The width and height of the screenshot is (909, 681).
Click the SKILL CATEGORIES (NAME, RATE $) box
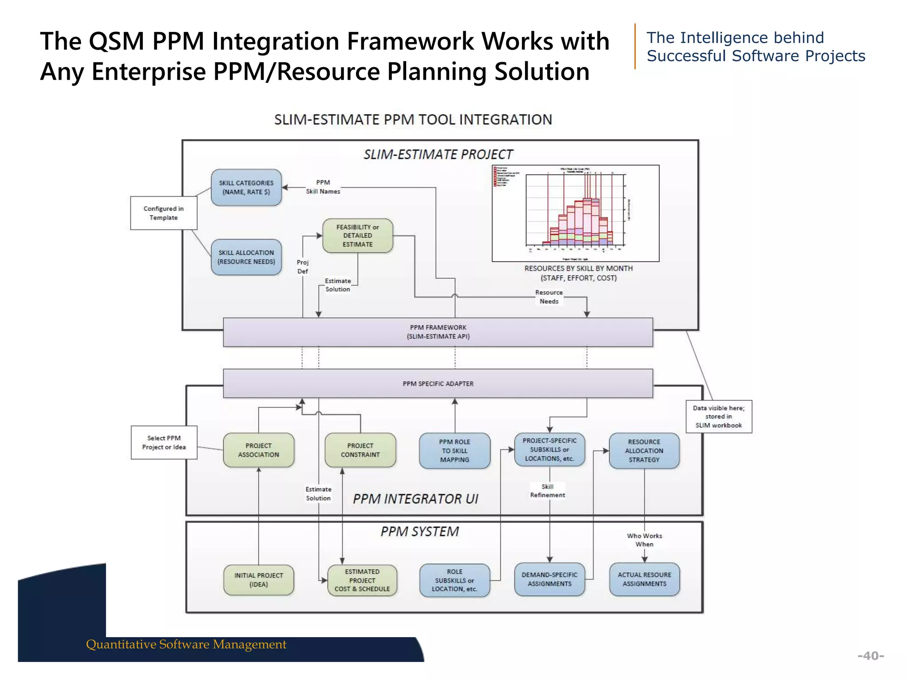click(246, 188)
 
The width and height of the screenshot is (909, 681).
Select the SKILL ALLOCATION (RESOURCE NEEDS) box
click(246, 257)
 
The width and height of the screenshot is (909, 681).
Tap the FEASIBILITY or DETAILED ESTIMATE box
click(358, 236)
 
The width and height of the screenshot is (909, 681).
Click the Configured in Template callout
click(163, 213)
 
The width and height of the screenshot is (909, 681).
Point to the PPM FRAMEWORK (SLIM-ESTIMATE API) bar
click(438, 332)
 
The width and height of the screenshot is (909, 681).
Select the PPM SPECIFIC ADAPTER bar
click(438, 384)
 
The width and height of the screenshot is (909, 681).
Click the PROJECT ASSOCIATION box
click(258, 450)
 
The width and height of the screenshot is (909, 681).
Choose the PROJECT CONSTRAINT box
click(360, 450)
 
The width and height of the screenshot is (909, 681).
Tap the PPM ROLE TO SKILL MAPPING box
click(454, 451)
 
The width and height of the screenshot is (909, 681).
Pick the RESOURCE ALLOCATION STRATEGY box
click(644, 451)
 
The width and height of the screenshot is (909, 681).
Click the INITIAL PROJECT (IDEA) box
click(258, 580)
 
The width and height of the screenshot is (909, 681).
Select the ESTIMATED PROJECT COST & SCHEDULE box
click(362, 580)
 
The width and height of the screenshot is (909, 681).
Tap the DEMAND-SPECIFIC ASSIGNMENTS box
click(549, 579)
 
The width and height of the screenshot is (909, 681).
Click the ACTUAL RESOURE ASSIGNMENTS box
click(644, 579)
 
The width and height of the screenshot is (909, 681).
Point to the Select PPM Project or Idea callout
click(164, 442)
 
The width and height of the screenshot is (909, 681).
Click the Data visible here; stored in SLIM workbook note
click(719, 417)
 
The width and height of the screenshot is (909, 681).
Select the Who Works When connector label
click(644, 540)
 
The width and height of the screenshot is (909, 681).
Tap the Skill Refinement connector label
click(547, 491)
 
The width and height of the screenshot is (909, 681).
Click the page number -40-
click(870, 656)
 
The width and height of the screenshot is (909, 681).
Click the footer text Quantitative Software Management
click(186, 644)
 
